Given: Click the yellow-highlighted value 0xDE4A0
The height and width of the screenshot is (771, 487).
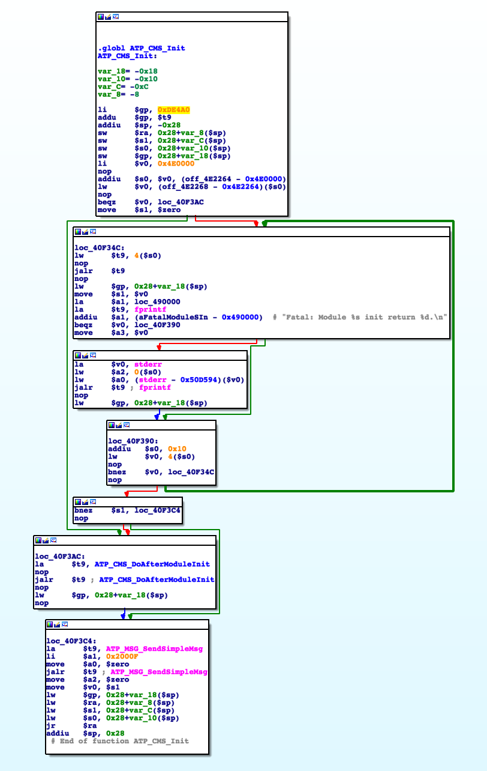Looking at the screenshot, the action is point(173,110).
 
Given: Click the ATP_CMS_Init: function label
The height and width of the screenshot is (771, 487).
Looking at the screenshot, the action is point(127,56).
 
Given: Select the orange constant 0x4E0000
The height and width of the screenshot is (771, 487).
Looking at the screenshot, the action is point(176,163).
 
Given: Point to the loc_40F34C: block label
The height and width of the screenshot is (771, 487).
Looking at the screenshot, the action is point(100,248).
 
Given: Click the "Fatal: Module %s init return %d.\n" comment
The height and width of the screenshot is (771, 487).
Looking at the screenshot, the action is point(364,317).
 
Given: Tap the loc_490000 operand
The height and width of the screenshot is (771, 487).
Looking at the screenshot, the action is point(157,302).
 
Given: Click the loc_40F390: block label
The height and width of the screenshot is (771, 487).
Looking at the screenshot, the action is point(133,441).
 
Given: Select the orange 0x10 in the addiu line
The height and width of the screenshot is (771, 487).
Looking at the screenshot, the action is point(177,449).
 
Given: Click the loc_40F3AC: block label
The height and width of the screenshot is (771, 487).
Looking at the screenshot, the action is point(60,557).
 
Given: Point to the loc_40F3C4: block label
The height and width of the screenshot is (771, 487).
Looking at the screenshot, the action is point(71,641).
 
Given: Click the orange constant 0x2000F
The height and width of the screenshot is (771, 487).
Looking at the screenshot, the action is point(122,656).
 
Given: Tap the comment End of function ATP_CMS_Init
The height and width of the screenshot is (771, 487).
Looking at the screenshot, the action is point(120,741).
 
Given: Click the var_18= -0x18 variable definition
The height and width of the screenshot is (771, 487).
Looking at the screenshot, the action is point(128,71).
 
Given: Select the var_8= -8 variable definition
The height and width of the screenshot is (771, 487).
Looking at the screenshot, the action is point(118,94).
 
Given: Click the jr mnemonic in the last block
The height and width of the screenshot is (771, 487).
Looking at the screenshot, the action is point(51,725).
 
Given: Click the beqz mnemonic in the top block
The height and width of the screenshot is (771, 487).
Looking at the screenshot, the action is point(107,202).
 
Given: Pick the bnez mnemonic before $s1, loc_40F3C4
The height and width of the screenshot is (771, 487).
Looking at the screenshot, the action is point(83,510).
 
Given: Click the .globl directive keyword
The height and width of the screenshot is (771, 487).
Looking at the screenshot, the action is point(111,48).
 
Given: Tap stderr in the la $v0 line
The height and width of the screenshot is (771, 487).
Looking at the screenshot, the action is point(148,364).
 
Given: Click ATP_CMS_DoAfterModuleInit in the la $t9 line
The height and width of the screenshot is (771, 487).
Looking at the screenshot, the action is point(152,564).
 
